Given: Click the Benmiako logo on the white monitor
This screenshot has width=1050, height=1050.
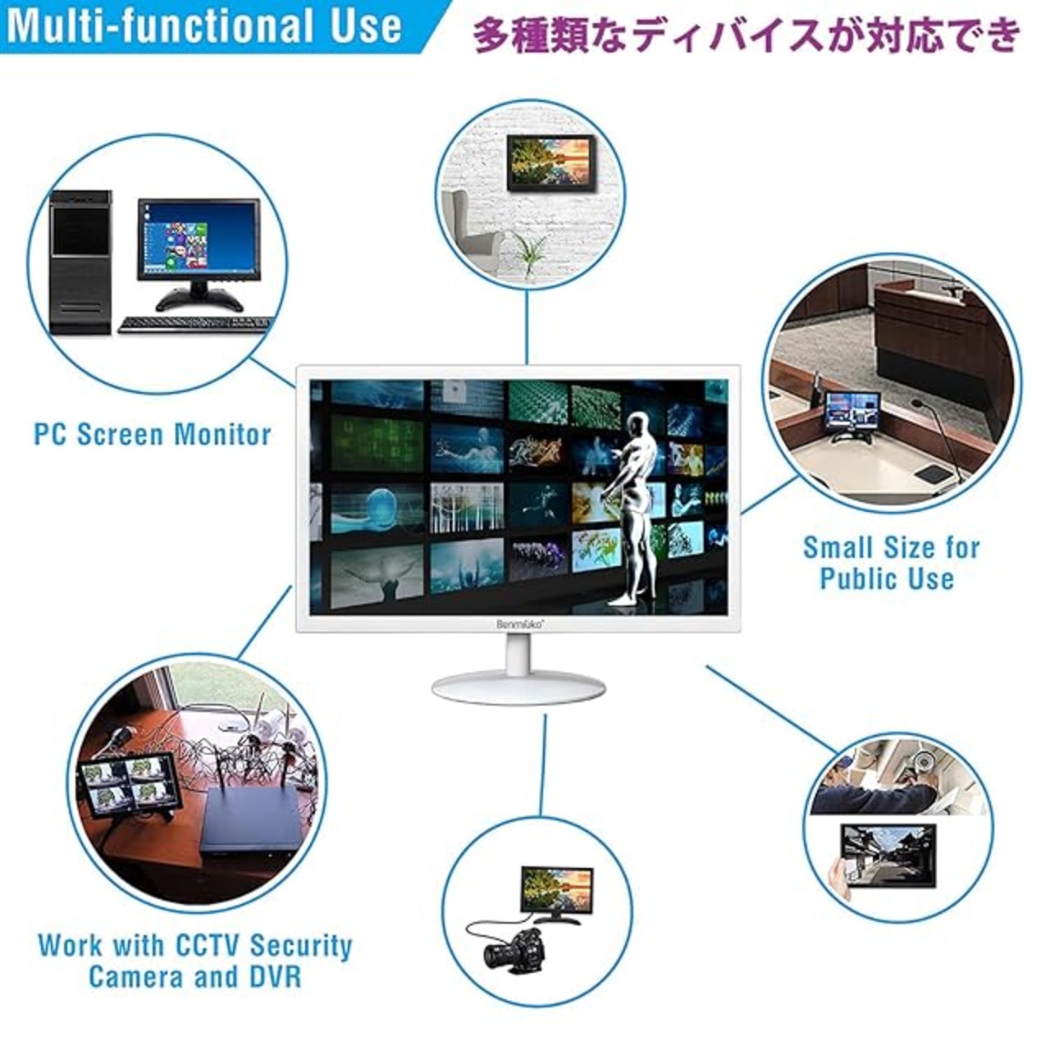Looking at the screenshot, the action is point(518,625).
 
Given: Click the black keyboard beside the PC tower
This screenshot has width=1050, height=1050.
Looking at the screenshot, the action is point(194,325).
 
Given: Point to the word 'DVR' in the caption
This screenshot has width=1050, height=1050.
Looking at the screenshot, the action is point(275,976).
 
